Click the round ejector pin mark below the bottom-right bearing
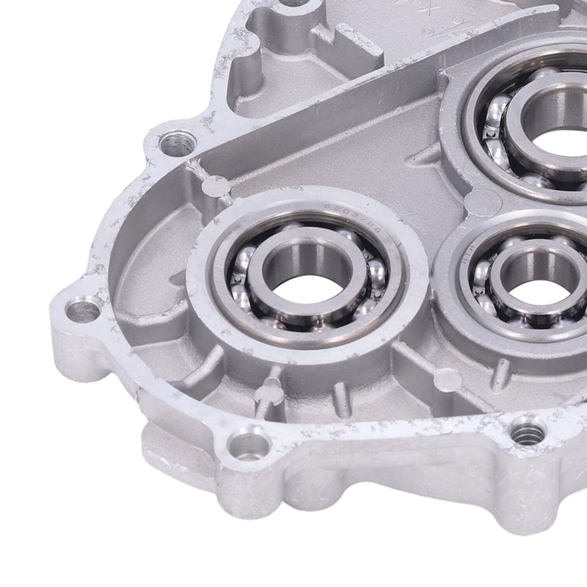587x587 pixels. [448, 379]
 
